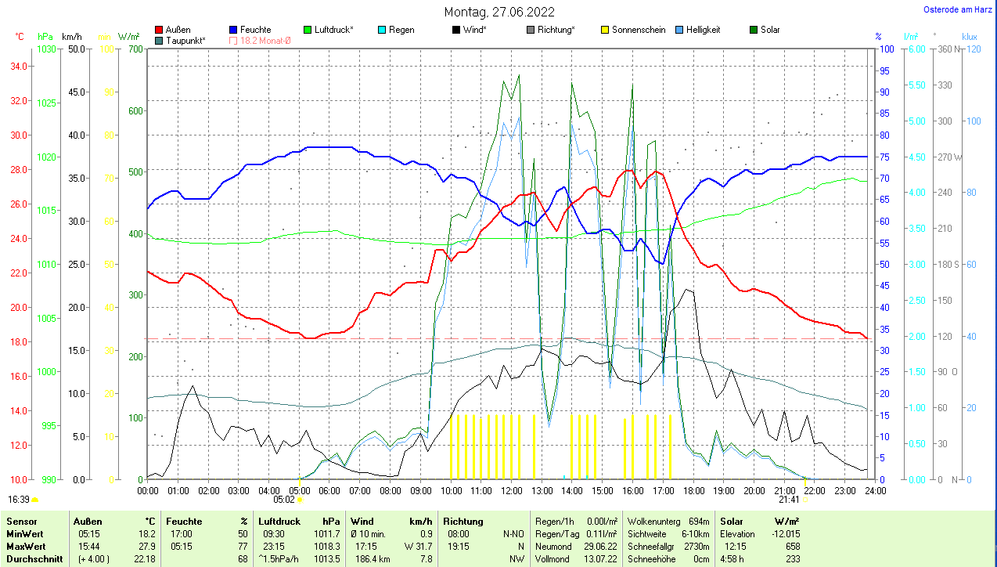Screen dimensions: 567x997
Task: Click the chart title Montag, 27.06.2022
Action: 499,12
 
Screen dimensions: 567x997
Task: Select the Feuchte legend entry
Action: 255,30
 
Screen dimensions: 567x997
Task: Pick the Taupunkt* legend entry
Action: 185,40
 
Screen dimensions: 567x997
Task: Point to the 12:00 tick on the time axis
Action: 511,491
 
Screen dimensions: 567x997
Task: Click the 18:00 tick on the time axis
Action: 693,491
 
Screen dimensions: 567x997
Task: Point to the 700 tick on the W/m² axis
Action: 136,49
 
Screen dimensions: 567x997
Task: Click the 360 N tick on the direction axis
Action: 948,49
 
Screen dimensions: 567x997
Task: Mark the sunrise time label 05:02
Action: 283,499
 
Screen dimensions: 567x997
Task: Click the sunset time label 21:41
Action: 789,499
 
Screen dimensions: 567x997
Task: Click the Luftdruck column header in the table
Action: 279,521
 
